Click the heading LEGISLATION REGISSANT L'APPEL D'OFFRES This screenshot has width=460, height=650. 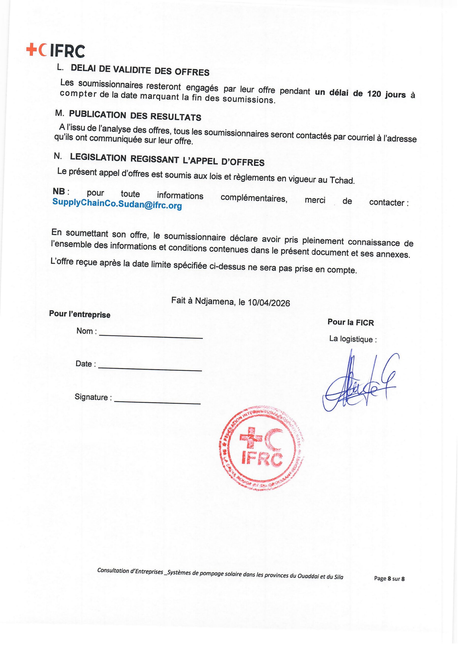pyautogui.click(x=167, y=160)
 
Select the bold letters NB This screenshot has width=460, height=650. pyautogui.click(x=59, y=191)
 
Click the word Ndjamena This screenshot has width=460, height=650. pyautogui.click(x=215, y=301)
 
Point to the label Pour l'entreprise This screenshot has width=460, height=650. pyautogui.click(x=80, y=314)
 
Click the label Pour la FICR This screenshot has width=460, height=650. pyautogui.click(x=351, y=322)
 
